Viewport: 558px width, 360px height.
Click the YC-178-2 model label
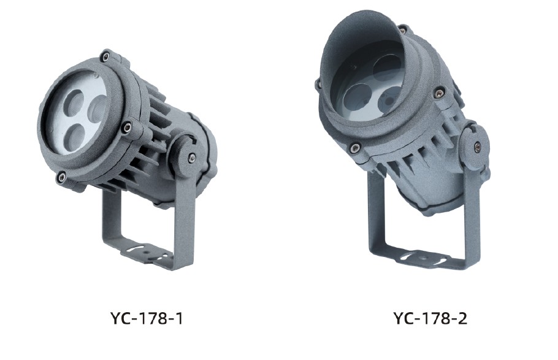(x=430, y=318)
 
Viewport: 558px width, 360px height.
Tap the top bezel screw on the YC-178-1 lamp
(x=105, y=56)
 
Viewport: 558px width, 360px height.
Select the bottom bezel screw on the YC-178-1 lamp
(x=61, y=175)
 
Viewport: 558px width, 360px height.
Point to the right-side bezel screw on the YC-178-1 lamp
(x=128, y=126)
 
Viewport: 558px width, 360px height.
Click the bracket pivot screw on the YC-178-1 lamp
(x=191, y=156)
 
